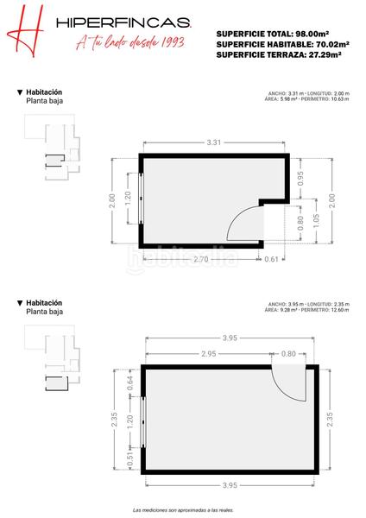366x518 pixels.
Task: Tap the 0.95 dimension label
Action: coord(300,179)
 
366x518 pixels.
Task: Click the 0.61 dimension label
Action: coord(272,259)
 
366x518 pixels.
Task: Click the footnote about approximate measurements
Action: coord(183,510)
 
